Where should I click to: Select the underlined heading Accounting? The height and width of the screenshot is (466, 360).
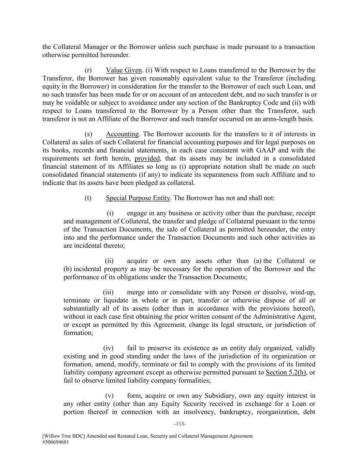tap(122, 134)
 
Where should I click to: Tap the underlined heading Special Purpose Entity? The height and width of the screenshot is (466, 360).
tap(138, 198)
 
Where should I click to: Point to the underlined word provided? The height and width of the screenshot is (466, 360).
tap(147, 158)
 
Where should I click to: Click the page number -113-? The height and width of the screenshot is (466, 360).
tap(180, 424)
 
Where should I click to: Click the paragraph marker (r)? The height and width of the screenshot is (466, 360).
tap(88, 70)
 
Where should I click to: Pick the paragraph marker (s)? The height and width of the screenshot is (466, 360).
tap(88, 134)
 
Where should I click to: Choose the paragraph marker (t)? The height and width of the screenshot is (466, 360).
tap(88, 198)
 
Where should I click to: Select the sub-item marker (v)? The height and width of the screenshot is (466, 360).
tap(109, 396)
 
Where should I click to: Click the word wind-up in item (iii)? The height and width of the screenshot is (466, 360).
tap(303, 293)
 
